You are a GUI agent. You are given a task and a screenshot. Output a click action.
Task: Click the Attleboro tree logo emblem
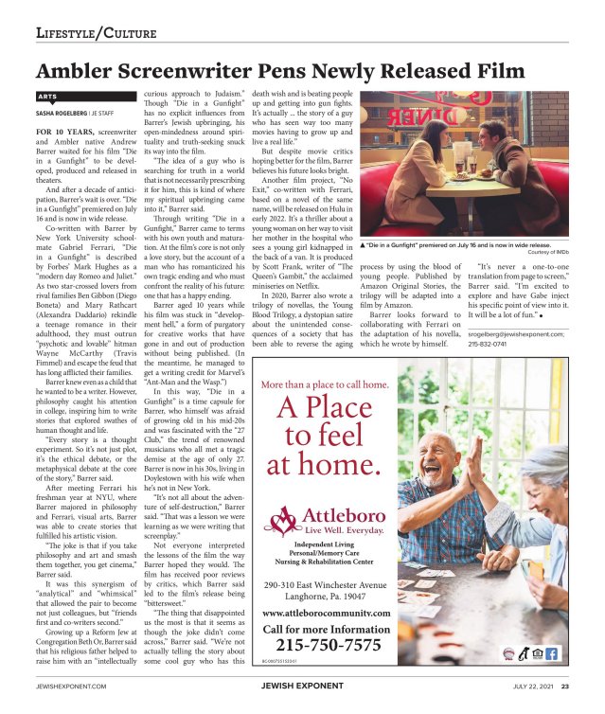pos(281,519)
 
